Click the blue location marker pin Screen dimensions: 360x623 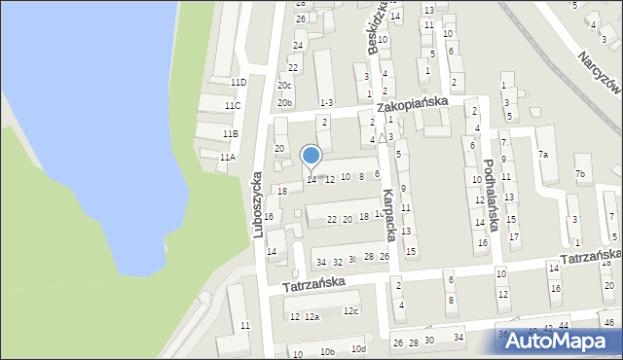[311, 157]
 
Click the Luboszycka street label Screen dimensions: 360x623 [258, 205]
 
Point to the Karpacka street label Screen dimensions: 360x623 [387, 214]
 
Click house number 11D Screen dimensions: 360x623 [238, 83]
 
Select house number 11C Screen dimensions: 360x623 [232, 105]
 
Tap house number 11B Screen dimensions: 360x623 [230, 133]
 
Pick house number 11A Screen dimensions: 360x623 [227, 157]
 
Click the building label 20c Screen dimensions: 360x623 [284, 85]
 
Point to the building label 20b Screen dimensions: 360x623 [284, 102]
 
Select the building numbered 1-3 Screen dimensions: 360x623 [326, 102]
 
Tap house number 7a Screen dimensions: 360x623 [543, 155]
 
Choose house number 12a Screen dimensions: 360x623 [311, 317]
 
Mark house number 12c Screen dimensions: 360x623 [350, 311]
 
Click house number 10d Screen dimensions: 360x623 [358, 348]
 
